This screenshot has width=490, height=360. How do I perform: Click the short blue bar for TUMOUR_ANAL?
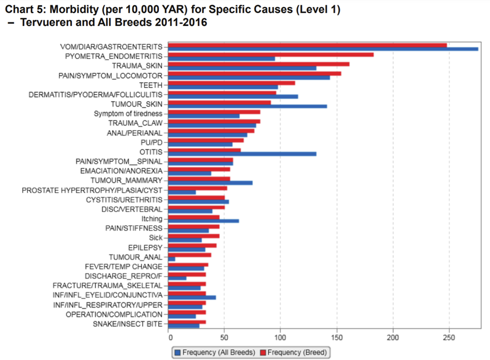click(x=172, y=259)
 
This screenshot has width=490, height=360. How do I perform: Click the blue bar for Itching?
click(x=203, y=221)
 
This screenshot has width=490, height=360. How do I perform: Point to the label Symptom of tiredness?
click(x=128, y=113)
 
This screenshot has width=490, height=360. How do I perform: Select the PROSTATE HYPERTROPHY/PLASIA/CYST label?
click(x=92, y=190)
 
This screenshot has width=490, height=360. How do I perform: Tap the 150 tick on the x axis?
click(x=336, y=337)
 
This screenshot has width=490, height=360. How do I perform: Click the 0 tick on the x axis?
click(x=169, y=337)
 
